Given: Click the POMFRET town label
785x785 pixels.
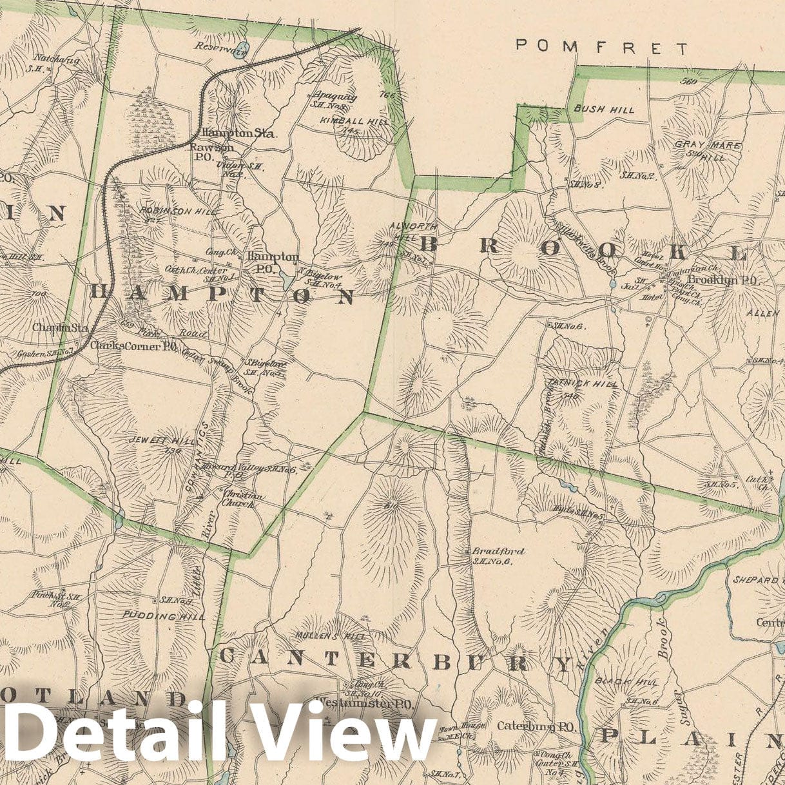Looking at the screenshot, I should click(x=603, y=47).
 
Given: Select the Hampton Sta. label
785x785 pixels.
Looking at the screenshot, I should click(x=238, y=134).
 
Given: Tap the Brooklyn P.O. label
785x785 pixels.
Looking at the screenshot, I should click(x=724, y=280).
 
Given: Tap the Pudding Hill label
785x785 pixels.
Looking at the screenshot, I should click(x=164, y=616).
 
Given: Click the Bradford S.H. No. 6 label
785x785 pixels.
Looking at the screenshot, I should click(x=498, y=556).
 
